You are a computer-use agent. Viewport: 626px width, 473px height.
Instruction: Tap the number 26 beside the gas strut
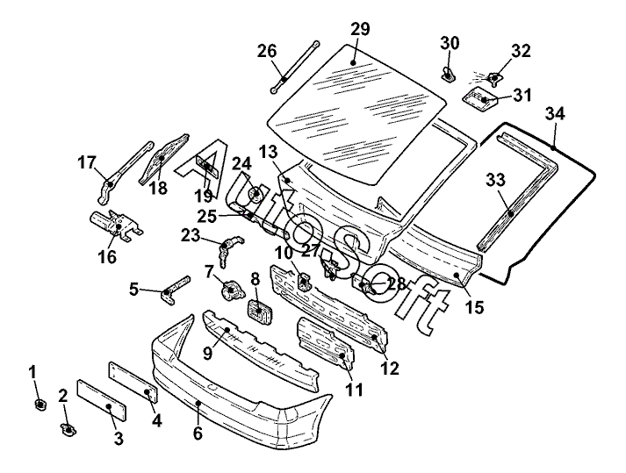267,51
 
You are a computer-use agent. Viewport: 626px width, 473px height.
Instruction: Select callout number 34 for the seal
555,113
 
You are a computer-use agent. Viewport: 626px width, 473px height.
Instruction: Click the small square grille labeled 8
259,312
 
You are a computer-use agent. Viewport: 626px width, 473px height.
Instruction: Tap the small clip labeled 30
448,70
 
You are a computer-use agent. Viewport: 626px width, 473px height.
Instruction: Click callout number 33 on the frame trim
496,180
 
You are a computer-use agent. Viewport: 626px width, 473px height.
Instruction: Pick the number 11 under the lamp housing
354,390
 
